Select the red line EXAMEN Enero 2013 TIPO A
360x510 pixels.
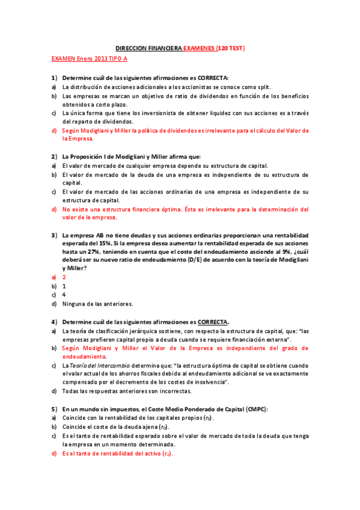90,59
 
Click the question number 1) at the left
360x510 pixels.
54,78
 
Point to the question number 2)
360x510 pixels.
54,156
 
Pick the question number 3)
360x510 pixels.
54,235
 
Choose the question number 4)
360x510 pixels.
54,322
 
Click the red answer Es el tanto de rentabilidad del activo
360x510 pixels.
117,453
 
